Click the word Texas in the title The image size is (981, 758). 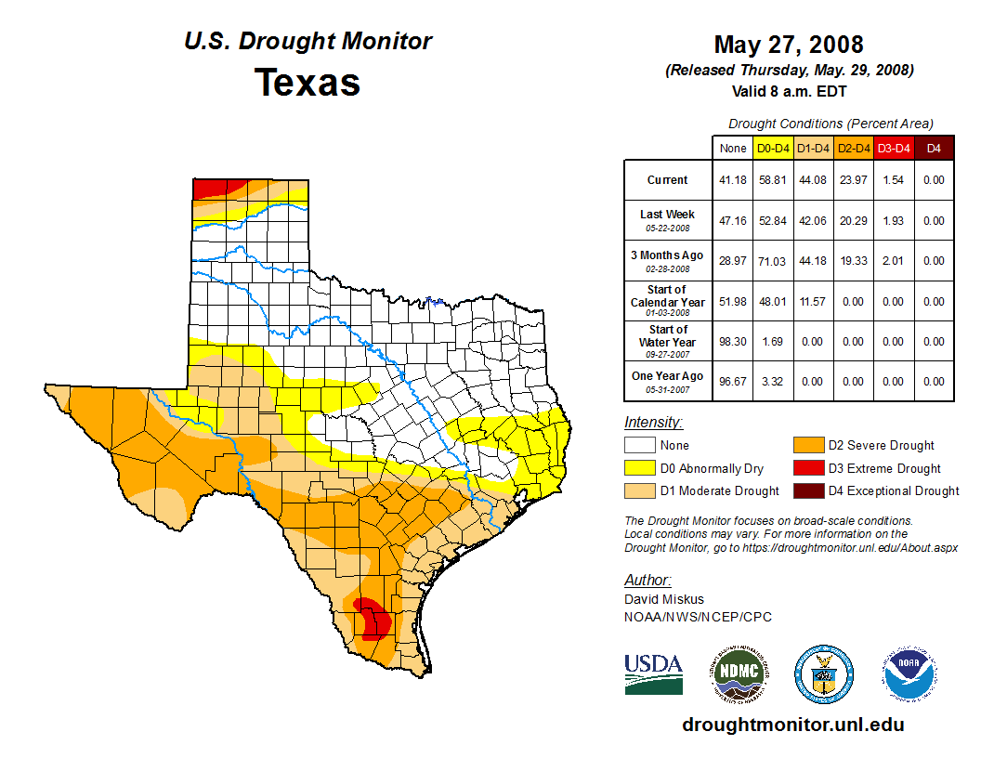coord(307,82)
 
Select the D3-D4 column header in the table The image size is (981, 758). coord(894,148)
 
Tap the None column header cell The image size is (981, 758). coord(732,148)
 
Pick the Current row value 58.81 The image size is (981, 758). coord(773,180)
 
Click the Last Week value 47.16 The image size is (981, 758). coord(732,221)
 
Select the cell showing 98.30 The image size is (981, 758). coord(732,342)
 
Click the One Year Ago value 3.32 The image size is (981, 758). coord(773,382)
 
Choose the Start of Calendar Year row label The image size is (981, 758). coord(667,301)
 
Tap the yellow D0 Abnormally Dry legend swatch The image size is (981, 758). coord(639,468)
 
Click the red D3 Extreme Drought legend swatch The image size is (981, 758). coord(807,468)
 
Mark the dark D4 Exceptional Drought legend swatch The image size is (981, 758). coord(807,490)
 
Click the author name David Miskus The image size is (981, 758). coord(663,599)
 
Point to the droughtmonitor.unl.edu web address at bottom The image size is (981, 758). coord(792,725)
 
